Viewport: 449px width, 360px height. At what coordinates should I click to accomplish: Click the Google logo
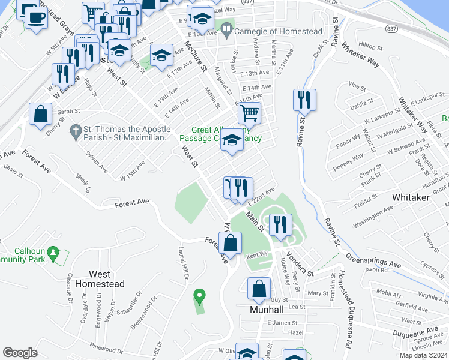[x=20, y=353]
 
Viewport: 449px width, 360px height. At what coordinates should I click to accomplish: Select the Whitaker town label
[x=411, y=197]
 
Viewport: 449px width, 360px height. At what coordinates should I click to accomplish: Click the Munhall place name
[x=266, y=310]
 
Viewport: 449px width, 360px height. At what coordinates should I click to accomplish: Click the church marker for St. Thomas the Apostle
[x=76, y=130]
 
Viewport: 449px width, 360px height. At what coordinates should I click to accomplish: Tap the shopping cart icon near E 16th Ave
[x=249, y=112]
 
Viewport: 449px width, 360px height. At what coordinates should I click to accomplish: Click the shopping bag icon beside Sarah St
[x=40, y=114]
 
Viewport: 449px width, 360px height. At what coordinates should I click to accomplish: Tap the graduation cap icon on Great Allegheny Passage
[x=231, y=141]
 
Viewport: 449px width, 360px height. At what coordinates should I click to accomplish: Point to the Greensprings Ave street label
[x=373, y=260]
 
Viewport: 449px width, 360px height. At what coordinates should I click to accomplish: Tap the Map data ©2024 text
[x=423, y=355]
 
